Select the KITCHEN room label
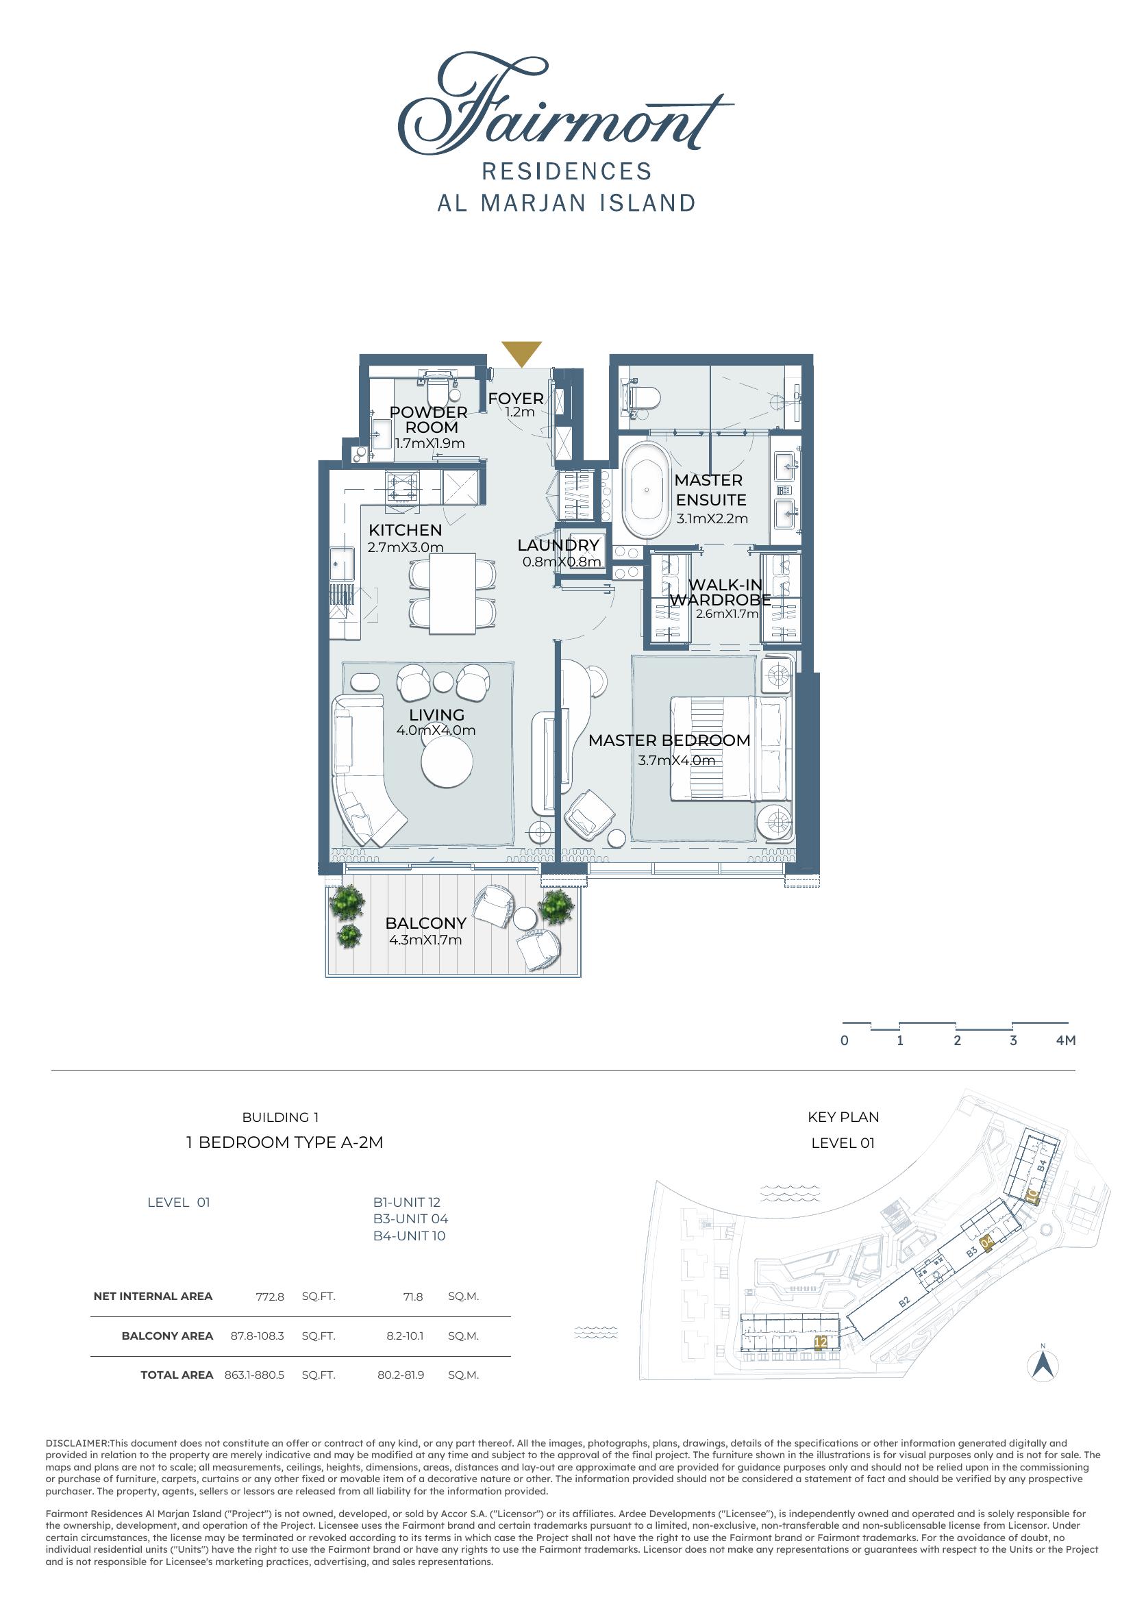click(406, 529)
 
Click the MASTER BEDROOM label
click(669, 740)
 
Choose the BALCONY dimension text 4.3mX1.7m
click(425, 940)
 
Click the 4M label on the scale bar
click(1066, 1040)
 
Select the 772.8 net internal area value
click(270, 1297)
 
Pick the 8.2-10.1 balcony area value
click(406, 1336)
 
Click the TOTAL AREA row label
click(177, 1375)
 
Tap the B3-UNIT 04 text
click(410, 1219)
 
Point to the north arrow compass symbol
click(1043, 1364)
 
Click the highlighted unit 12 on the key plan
click(821, 1342)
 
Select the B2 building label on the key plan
click(904, 1301)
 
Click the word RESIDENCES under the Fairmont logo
click(566, 171)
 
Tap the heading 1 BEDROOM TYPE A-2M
click(285, 1142)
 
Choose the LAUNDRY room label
click(558, 545)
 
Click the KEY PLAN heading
click(843, 1117)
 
